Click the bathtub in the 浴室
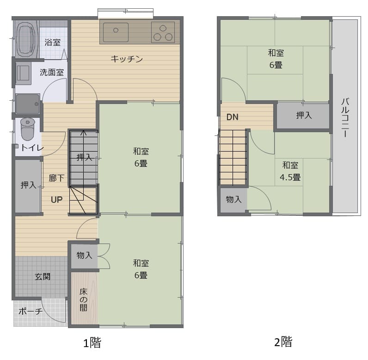tap(27, 39)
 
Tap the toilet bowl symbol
tap(28, 129)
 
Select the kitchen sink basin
tap(116, 32)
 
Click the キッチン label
tap(127, 59)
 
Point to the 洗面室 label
tap(52, 72)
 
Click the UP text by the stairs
tap(56, 200)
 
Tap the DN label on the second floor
tap(233, 117)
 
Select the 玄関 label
tap(43, 276)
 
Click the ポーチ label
tap(31, 311)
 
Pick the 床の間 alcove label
tap(83, 299)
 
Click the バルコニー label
tap(345, 117)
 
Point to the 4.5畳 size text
tap(290, 177)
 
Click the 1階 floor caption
tap(92, 342)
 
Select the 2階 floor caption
tap(283, 342)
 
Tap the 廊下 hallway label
tap(56, 178)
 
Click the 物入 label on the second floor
tap(233, 199)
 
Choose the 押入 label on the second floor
tap(304, 115)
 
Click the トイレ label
tap(32, 147)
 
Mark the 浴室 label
tap(53, 43)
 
